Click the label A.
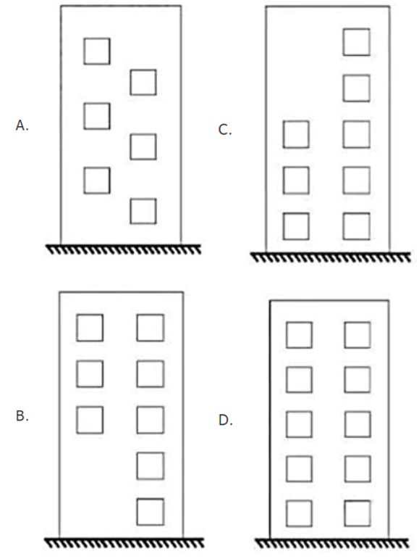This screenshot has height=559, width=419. pos(22,125)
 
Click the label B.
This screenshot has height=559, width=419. pos(22,416)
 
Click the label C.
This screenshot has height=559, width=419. pos(225,129)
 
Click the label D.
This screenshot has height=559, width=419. pos(226,421)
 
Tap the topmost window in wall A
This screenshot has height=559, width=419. pos(84,51)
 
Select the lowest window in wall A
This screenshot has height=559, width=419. pos(130,212)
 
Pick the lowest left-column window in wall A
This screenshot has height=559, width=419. pos(84,181)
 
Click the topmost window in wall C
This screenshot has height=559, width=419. pos(343,42)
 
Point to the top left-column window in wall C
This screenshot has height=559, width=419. pos(284,134)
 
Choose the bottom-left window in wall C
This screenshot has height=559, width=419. pos(284,226)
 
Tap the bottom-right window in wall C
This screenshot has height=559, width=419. pos(343,226)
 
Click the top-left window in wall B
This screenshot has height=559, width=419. pos(77,328)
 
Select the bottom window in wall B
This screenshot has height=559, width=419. pos(137,512)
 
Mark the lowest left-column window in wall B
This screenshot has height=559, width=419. pos(77,420)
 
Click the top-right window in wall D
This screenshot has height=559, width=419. pos(344,335)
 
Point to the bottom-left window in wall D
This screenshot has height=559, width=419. pos(287,513)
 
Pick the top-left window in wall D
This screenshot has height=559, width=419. pos(287,335)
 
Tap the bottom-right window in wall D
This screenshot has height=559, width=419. pos(344,513)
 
